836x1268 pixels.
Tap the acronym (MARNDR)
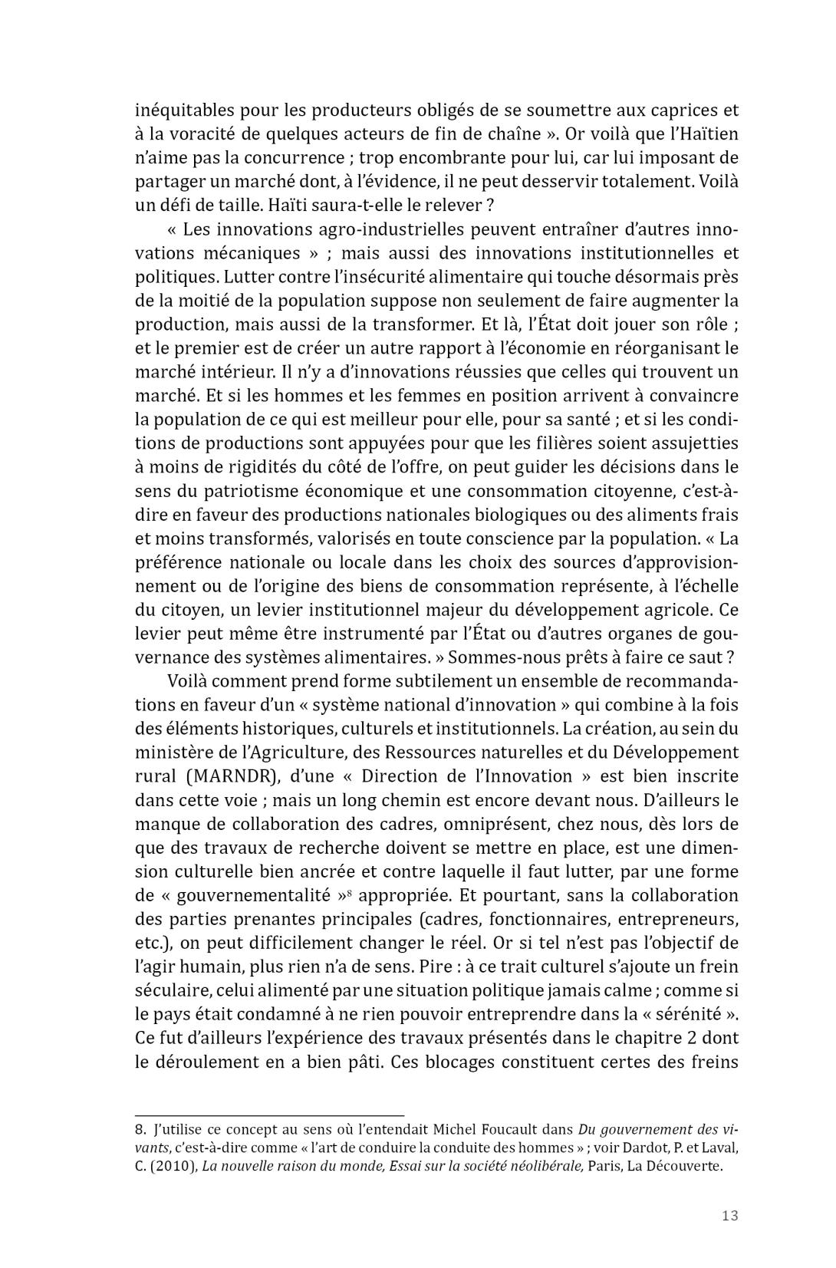click(x=228, y=776)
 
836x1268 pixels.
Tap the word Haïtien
click(x=700, y=133)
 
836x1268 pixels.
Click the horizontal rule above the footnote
click(x=269, y=1115)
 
